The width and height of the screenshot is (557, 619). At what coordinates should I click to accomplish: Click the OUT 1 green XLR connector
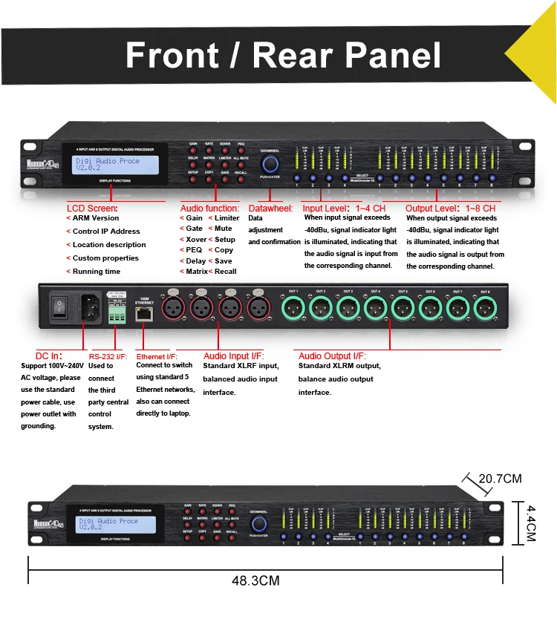(294, 307)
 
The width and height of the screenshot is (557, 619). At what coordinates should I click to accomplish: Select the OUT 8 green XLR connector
(485, 307)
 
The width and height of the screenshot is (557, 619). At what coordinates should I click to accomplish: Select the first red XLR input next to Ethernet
(175, 307)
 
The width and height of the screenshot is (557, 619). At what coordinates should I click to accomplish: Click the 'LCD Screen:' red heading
(92, 209)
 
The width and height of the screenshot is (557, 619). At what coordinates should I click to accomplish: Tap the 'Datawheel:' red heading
(270, 209)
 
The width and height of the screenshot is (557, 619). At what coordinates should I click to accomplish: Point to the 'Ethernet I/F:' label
(157, 356)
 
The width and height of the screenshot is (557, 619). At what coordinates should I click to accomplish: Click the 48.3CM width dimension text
(255, 580)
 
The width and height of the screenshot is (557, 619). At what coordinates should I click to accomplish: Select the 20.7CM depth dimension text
(499, 479)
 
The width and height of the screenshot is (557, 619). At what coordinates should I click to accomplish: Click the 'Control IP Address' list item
(106, 232)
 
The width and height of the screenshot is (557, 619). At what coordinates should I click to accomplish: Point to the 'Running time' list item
(96, 272)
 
